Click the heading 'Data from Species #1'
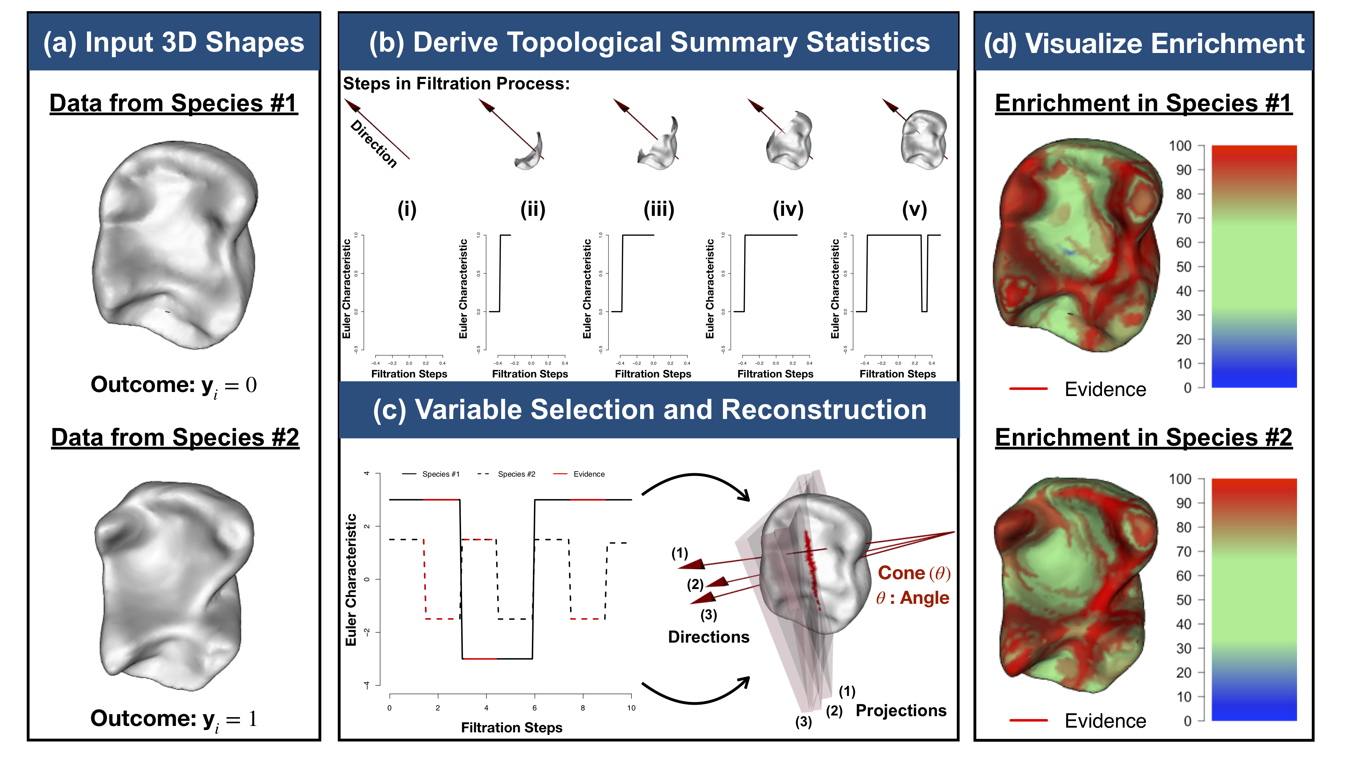[173, 103]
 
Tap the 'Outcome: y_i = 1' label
[173, 719]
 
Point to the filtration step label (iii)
[659, 209]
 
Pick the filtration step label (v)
[915, 209]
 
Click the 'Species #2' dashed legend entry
[507, 474]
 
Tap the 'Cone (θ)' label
[914, 573]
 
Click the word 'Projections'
[901, 710]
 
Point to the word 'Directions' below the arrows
[708, 637]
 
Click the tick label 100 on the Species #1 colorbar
[1180, 146]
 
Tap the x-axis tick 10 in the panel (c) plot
[631, 708]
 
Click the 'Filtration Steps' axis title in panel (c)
[512, 728]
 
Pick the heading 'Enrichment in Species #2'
[1143, 438]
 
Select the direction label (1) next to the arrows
[680, 553]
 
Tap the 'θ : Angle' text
[912, 598]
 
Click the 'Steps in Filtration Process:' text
[456, 84]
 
